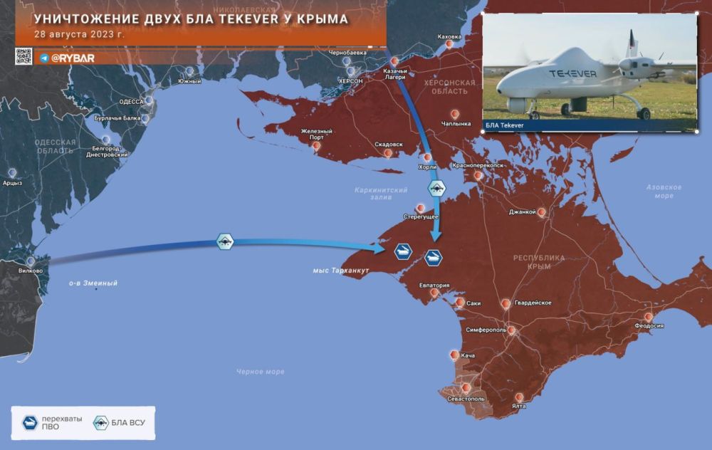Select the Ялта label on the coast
[x=519, y=406]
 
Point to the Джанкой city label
[x=522, y=211]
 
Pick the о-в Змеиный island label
[x=93, y=283]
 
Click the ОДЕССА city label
[x=131, y=102]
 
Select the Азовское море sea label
[x=664, y=191]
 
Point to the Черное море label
[x=261, y=372]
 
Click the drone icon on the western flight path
[x=226, y=242]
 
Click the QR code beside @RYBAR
[x=23, y=57]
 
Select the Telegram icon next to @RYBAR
[x=44, y=58]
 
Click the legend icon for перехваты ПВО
[x=30, y=424]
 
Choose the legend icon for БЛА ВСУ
[x=101, y=424]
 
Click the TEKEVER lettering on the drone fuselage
[x=574, y=73]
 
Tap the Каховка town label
[x=449, y=36]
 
